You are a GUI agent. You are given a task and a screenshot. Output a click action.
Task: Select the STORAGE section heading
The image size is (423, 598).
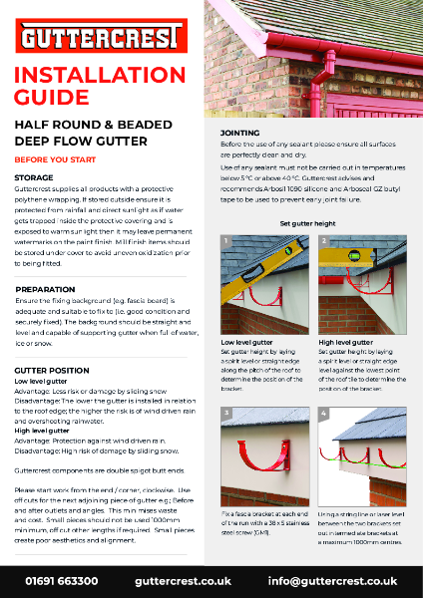[x=34, y=175]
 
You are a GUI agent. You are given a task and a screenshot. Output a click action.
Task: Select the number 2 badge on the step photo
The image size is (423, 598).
[x=323, y=242]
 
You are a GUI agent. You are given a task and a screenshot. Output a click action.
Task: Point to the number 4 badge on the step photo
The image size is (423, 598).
[x=323, y=412]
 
